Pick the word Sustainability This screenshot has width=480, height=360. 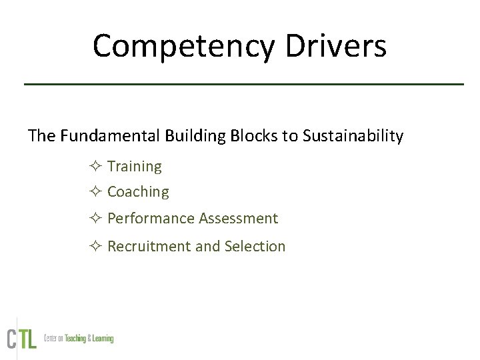point(353,136)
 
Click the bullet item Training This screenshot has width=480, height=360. point(134,167)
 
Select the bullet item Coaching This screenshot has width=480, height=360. point(138,192)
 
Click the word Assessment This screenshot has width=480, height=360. point(238,219)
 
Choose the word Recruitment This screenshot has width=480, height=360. point(149,247)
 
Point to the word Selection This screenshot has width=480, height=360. point(255,247)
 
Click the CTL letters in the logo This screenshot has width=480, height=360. point(21,338)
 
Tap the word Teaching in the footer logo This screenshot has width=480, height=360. point(75,339)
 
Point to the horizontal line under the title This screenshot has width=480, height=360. point(243,84)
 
